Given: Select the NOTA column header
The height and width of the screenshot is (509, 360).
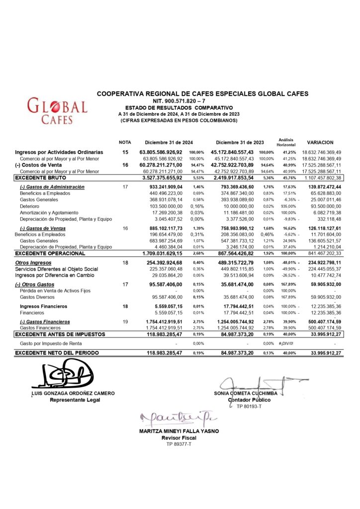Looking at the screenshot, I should (125, 142).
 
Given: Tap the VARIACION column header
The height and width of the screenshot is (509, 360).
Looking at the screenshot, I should (320, 142).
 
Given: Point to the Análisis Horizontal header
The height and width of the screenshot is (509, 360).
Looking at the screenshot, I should (285, 142).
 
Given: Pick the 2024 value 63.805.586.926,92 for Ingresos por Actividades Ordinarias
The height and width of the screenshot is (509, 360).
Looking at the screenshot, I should (161, 152).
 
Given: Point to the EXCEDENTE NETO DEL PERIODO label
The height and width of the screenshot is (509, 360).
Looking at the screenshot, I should (57, 352).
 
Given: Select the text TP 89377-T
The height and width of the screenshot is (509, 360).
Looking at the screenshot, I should (179, 444).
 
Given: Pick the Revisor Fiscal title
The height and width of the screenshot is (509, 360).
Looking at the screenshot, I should (179, 437).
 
